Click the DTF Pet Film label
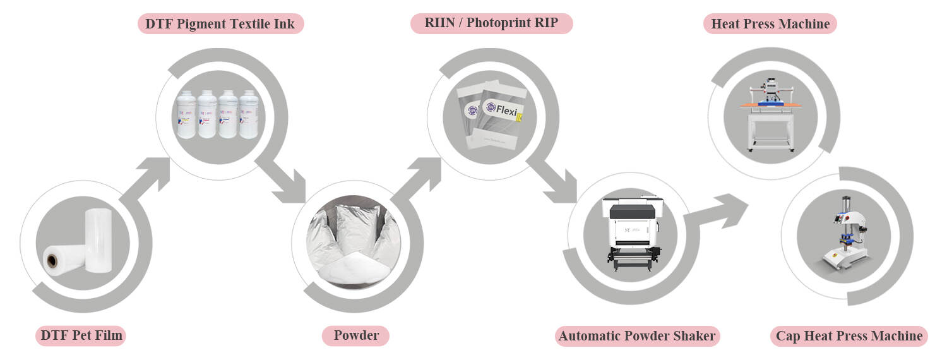[x=80, y=335]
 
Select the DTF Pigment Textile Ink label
[x=221, y=24]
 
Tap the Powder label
[x=355, y=335]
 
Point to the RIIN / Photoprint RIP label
[x=491, y=24]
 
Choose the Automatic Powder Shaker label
[x=637, y=335]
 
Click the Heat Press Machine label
[x=770, y=24]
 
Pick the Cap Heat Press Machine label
[x=849, y=335]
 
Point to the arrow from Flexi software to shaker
[x=553, y=179]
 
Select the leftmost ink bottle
[x=186, y=114]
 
